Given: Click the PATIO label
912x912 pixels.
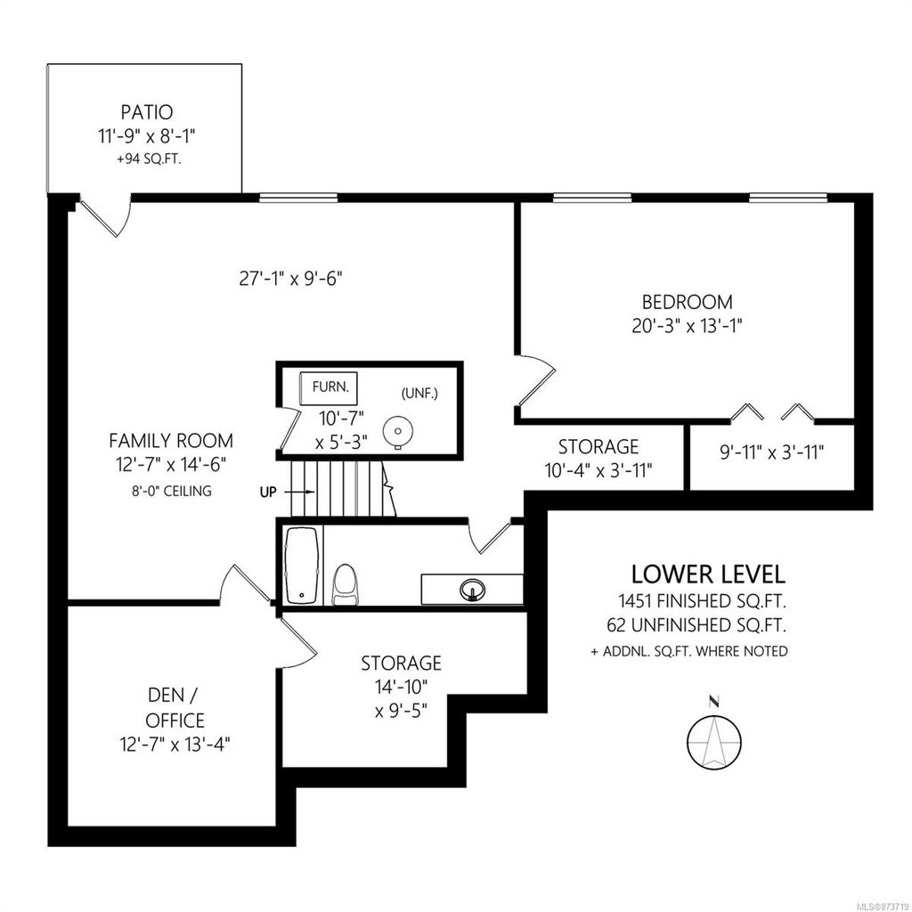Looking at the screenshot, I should click(147, 113).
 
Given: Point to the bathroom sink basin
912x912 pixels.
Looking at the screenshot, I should click(472, 589).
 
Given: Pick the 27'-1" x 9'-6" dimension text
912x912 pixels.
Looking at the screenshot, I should click(290, 278).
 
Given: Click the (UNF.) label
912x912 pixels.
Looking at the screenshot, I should click(419, 392).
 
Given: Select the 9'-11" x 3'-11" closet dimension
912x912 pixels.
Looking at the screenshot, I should click(771, 452).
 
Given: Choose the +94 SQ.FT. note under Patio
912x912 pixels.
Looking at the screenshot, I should click(147, 161).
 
